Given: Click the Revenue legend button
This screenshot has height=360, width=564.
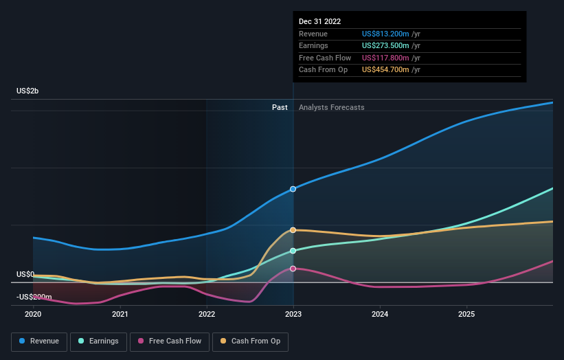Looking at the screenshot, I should tap(39, 341).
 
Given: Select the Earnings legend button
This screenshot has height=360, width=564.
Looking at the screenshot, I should tap(98, 341).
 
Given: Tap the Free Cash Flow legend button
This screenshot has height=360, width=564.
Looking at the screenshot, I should tap(169, 341).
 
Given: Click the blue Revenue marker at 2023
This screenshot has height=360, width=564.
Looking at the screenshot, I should tap(293, 188).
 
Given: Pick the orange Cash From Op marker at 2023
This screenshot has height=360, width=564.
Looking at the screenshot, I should tap(293, 230).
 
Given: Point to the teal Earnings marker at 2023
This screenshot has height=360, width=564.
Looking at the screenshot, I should tap(293, 251).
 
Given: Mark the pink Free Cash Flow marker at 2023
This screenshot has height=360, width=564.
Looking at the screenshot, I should tap(293, 269).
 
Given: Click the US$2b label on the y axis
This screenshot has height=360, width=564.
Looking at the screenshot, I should tap(27, 91).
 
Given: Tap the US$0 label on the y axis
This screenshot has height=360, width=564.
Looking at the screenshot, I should tap(25, 274).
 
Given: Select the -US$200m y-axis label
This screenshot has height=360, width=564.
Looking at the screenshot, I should tap(34, 296).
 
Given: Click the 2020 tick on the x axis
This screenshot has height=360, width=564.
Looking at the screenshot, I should tap(33, 315).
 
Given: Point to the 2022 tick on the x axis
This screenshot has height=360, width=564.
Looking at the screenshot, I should tap(206, 315).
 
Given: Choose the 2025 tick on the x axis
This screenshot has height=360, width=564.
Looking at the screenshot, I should tap(466, 315).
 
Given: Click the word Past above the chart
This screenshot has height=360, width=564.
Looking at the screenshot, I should tap(280, 107).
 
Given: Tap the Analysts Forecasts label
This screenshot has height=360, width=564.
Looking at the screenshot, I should tap(331, 107).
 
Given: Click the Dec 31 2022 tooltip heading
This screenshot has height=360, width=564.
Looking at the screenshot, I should tap(319, 22).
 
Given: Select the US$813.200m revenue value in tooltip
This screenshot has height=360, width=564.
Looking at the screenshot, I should tap(386, 34).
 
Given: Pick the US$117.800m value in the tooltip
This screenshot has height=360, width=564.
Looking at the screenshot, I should tap(386, 58).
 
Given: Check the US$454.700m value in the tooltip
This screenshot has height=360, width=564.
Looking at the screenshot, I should tap(386, 70).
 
